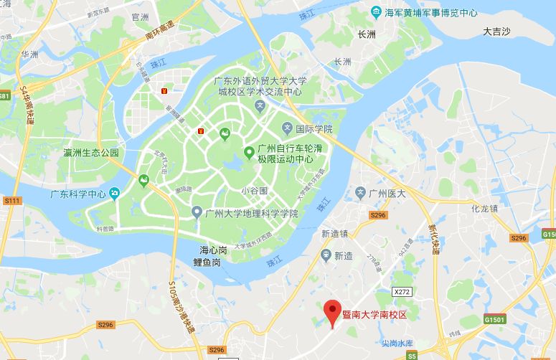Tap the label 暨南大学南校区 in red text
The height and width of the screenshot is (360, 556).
pyautogui.click(x=374, y=313)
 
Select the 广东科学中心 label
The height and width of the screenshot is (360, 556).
pyautogui.click(x=75, y=194)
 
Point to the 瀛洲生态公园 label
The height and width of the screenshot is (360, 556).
pyautogui.click(x=91, y=153)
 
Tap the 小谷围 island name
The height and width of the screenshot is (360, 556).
pyautogui.click(x=254, y=191)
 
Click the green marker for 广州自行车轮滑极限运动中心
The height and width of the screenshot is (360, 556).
pyautogui.click(x=249, y=152)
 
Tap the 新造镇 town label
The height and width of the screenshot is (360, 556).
pyautogui.click(x=334, y=234)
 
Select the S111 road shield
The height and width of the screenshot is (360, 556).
pyautogui.click(x=11, y=201)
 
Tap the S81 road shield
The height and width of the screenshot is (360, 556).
pyautogui.click(x=5, y=96)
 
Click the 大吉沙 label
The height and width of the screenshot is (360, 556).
pyautogui.click(x=496, y=32)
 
